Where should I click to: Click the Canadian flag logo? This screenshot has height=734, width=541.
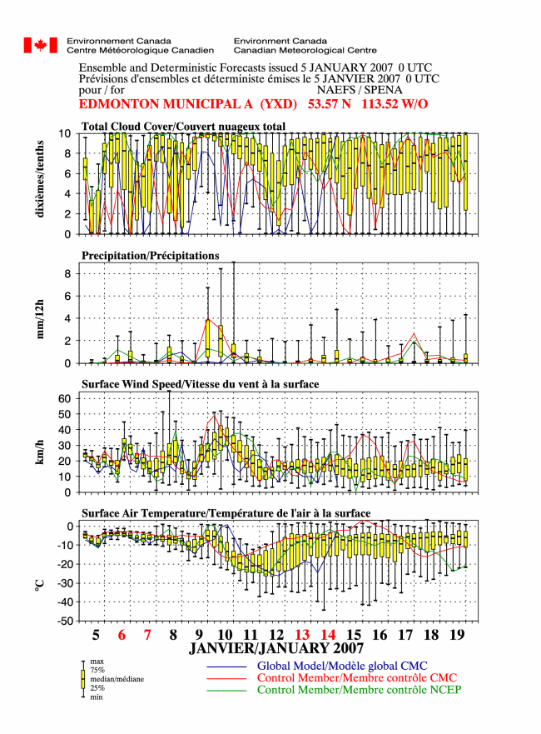click(x=41, y=46)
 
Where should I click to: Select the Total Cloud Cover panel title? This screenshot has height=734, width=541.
click(x=183, y=127)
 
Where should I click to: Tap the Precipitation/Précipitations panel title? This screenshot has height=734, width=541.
click(x=150, y=256)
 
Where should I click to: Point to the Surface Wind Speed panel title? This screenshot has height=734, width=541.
click(x=200, y=384)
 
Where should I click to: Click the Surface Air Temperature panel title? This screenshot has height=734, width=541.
click(x=226, y=513)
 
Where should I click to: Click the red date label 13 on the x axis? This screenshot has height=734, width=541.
click(x=302, y=635)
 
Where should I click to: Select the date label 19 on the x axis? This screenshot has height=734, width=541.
click(x=457, y=635)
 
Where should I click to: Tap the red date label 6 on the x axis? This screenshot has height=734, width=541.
click(x=122, y=635)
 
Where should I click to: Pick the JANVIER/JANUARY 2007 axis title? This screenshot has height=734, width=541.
click(x=275, y=648)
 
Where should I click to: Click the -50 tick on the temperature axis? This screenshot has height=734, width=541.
click(x=65, y=622)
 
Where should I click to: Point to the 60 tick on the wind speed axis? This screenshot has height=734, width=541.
click(x=65, y=398)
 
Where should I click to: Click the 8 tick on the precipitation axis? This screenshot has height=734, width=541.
click(x=68, y=274)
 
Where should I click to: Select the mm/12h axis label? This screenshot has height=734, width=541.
click(x=40, y=319)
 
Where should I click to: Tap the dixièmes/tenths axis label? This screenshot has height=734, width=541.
click(x=40, y=178)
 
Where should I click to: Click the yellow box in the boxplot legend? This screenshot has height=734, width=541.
click(x=83, y=679)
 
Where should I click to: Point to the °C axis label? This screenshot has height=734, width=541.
click(x=40, y=585)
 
